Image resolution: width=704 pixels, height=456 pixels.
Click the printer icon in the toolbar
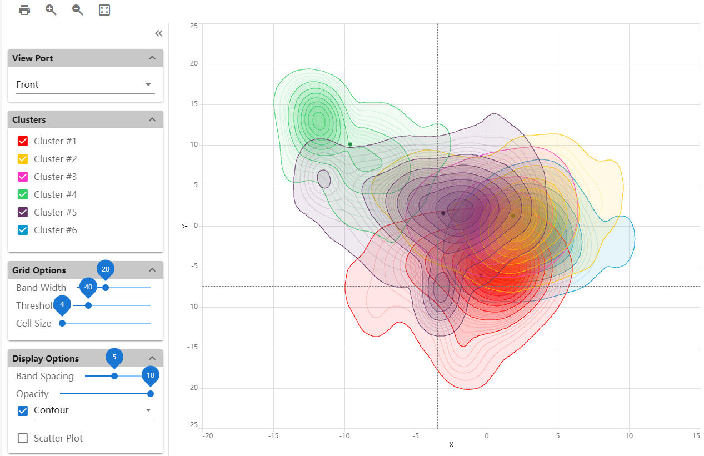tap(24, 10)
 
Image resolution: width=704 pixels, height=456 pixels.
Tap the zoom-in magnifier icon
tap(51, 10)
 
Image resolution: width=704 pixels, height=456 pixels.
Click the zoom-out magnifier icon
tap(78, 10)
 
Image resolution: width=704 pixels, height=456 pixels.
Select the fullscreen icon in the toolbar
tap(104, 10)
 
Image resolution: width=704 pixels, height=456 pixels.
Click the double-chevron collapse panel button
tap(159, 33)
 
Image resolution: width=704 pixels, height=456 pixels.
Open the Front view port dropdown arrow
tap(148, 84)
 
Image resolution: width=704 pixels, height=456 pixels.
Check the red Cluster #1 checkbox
tap(23, 141)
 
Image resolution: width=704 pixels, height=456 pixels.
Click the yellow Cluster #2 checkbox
tap(23, 159)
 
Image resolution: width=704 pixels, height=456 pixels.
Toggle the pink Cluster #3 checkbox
tap(23, 177)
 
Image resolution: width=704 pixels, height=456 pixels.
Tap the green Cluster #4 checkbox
tap(23, 194)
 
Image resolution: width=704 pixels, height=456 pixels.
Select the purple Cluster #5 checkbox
tap(23, 212)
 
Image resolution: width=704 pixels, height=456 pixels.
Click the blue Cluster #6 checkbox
tap(23, 230)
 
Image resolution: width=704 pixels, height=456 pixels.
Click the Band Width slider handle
tap(106, 288)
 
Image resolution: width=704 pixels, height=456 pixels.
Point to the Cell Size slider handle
tap(62, 323)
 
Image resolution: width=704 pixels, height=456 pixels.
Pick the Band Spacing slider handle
tap(114, 376)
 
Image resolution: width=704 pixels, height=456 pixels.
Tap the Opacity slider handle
tap(151, 394)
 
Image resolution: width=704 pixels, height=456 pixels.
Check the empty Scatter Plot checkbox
tap(23, 438)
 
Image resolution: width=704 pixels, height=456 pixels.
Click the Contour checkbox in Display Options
tap(23, 411)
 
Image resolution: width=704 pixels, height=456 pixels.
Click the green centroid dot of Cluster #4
tap(350, 144)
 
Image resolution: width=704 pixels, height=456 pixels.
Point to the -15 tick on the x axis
tap(273, 435)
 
